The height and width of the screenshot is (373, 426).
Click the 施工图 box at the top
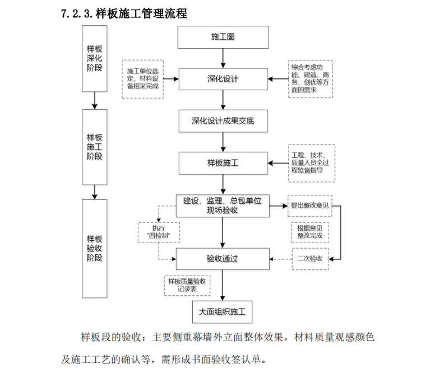point(223,38)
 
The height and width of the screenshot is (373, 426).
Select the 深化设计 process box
point(223,79)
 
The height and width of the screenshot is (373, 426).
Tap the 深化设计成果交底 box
point(223,121)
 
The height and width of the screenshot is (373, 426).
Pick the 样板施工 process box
point(223,163)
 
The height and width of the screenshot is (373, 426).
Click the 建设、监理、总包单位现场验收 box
point(223,205)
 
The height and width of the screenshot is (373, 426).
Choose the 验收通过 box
point(223,258)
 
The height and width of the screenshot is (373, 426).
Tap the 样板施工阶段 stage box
point(95,147)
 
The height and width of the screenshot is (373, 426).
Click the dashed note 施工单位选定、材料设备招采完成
point(143,79)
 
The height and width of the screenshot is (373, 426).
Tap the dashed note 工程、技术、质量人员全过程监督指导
point(312,162)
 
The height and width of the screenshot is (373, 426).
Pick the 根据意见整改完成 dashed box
point(310,232)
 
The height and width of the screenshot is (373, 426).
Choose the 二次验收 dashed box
point(309,258)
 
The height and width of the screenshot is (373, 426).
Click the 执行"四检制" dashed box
point(159,232)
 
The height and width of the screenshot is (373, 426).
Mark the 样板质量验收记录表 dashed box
point(187,285)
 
